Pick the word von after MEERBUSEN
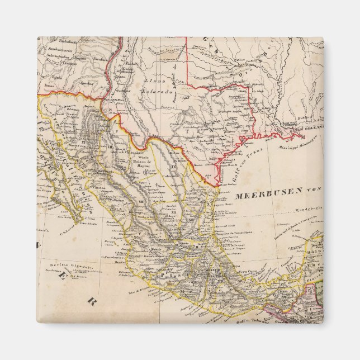click(311, 190)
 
